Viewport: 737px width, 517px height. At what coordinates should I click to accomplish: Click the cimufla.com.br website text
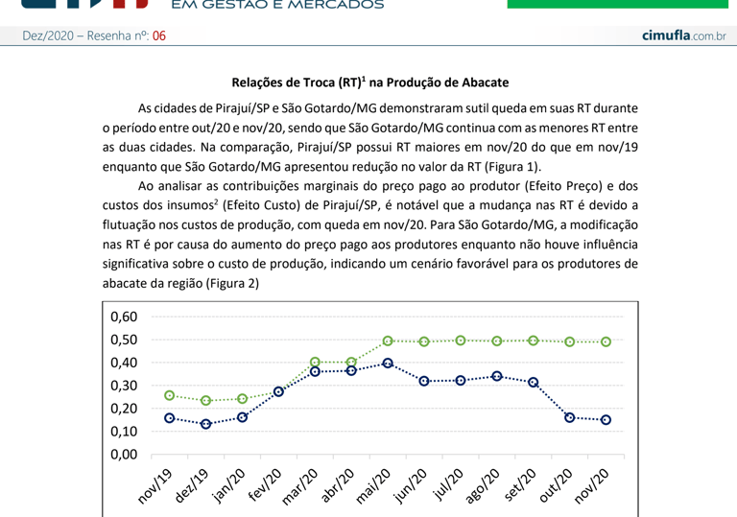[683, 35]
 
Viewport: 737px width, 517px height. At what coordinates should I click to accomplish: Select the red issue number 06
[159, 36]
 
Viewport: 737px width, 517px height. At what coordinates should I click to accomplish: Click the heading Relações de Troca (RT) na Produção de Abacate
[369, 83]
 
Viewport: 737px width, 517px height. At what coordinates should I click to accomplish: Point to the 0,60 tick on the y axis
[125, 317]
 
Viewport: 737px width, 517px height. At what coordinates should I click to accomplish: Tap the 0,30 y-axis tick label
[125, 386]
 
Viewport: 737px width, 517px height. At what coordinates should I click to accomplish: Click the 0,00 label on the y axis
[125, 454]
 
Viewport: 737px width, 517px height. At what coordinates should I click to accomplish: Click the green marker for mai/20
[388, 341]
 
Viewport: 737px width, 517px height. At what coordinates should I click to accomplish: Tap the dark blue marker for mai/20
[388, 364]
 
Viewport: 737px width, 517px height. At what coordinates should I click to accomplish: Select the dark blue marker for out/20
[570, 417]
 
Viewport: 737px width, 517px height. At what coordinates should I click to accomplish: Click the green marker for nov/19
[169, 395]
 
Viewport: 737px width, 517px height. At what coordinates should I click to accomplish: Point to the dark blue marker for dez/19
[205, 423]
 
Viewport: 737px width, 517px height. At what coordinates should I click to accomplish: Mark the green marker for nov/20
[606, 341]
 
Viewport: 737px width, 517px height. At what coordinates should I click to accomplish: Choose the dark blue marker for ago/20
[497, 376]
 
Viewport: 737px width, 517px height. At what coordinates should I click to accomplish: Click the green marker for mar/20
[315, 363]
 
